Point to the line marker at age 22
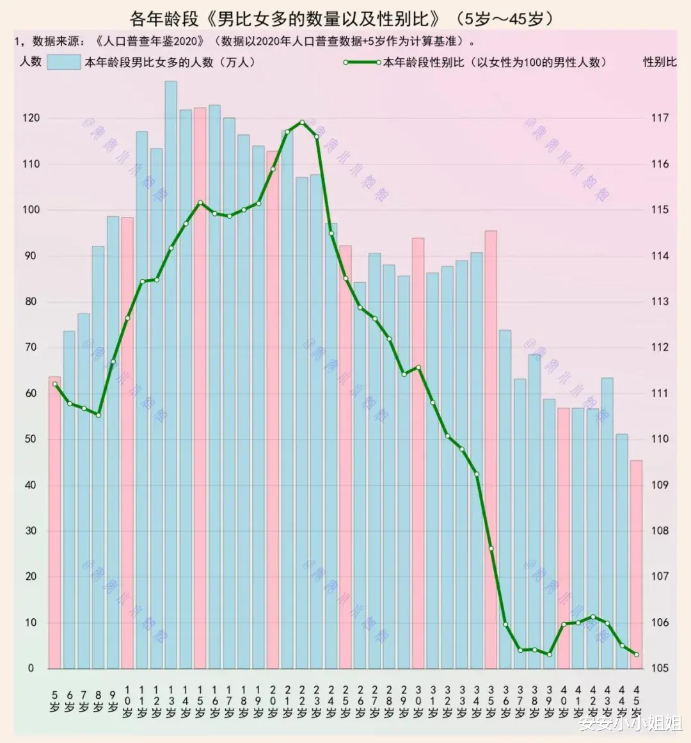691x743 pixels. pyautogui.click(x=302, y=122)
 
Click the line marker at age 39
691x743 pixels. pyautogui.click(x=549, y=654)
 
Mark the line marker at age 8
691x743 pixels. pyautogui.click(x=98, y=415)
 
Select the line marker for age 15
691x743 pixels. pyautogui.click(x=200, y=203)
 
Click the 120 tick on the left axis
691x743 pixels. pyautogui.click(x=31, y=118)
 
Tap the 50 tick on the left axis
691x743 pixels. pyautogui.click(x=31, y=439)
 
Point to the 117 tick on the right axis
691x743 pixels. pyautogui.click(x=660, y=118)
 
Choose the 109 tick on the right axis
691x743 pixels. pyautogui.click(x=660, y=485)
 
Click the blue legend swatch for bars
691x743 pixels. pyautogui.click(x=63, y=62)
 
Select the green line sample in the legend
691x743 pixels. pyautogui.click(x=362, y=62)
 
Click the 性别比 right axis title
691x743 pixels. pyautogui.click(x=660, y=62)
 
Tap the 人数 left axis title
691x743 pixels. pyautogui.click(x=30, y=61)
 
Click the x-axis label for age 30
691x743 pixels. pyautogui.click(x=418, y=701)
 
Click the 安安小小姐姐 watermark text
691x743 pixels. pyautogui.click(x=630, y=724)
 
